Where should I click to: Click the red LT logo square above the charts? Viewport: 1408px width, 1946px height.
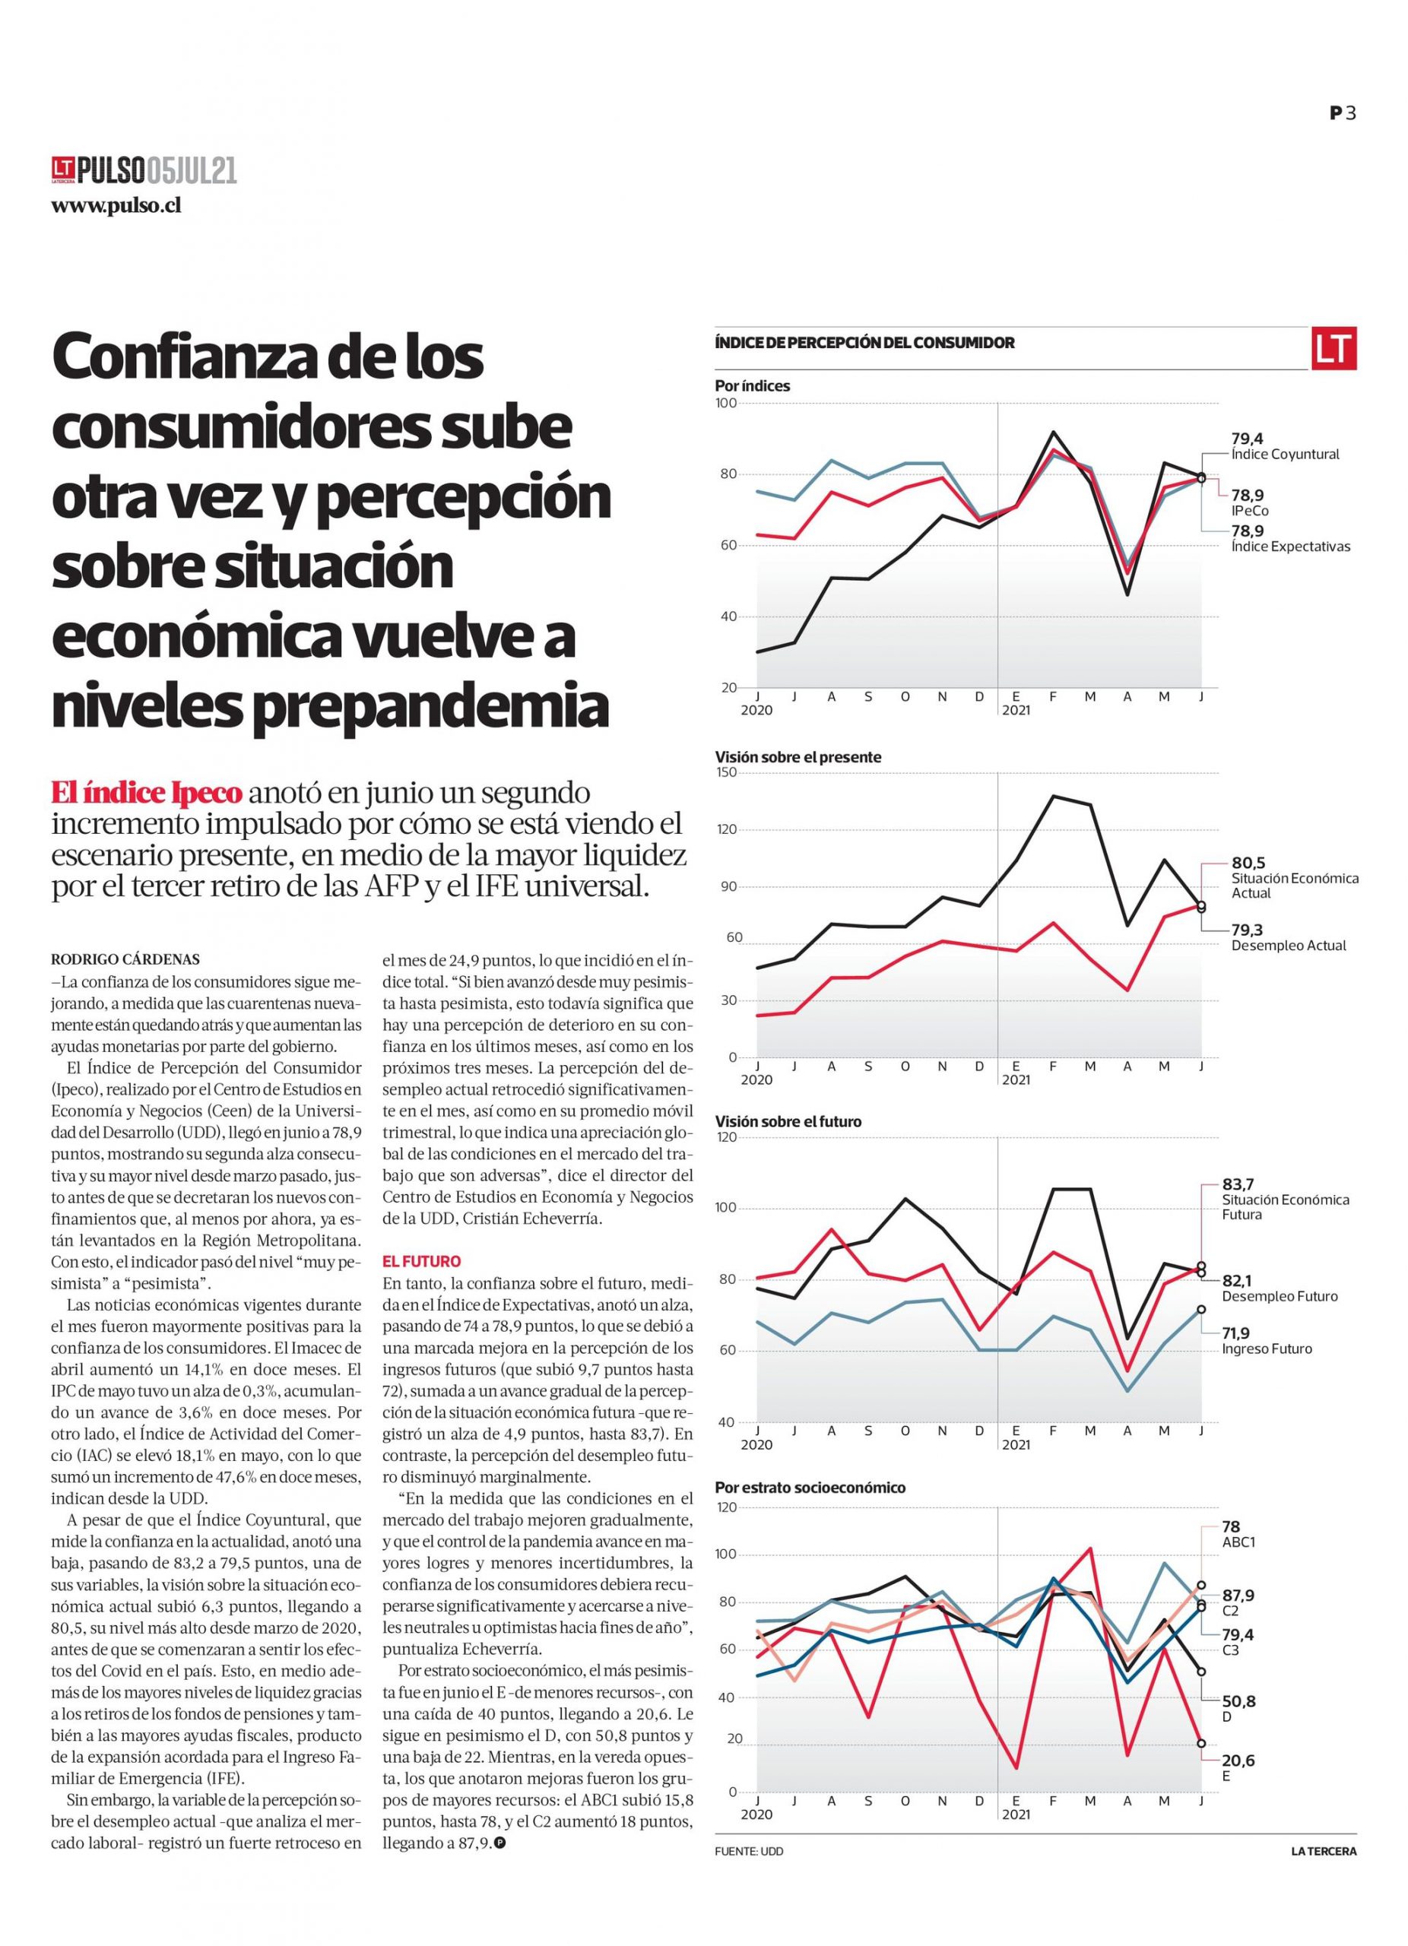pos(1333,348)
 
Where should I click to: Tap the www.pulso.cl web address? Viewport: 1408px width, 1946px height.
pos(116,206)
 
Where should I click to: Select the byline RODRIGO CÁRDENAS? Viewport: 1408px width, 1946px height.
pos(125,959)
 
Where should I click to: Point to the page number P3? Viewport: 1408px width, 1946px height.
pos(1343,113)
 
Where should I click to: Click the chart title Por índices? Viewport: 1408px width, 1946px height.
pos(753,386)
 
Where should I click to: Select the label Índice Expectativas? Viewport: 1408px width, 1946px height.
pos(1290,546)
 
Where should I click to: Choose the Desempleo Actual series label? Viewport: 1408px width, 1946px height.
pos(1289,946)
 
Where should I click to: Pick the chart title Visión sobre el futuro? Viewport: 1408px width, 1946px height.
pos(788,1121)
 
